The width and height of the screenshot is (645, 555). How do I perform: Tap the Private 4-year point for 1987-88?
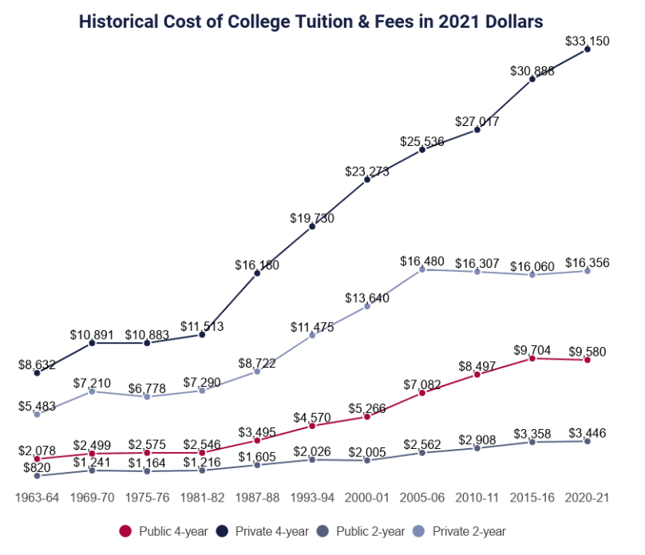(257, 274)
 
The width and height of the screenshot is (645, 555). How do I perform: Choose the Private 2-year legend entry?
(465, 530)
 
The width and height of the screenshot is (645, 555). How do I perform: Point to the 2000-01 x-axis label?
(367, 498)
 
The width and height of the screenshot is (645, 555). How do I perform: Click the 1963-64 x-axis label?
(38, 498)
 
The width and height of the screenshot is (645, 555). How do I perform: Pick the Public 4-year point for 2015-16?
(532, 359)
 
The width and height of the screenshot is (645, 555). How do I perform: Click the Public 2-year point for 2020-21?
(588, 441)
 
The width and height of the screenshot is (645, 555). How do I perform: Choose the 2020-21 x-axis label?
(588, 498)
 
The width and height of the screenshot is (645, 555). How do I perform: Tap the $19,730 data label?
(312, 218)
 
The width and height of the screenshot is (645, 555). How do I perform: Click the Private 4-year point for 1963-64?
(38, 372)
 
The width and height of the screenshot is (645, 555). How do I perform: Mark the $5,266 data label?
(367, 407)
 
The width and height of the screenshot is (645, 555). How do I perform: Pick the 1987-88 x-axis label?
(257, 498)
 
